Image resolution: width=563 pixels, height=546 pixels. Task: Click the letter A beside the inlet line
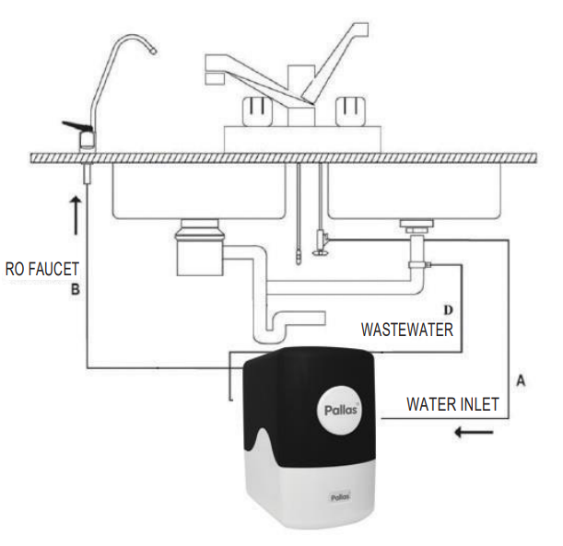(521, 379)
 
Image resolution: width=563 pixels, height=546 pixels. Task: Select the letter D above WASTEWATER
(449, 308)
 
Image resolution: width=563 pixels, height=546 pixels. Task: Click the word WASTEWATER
(406, 329)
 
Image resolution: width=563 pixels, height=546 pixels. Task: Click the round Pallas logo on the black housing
(339, 408)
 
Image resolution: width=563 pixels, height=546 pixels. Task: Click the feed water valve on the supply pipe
(320, 241)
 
